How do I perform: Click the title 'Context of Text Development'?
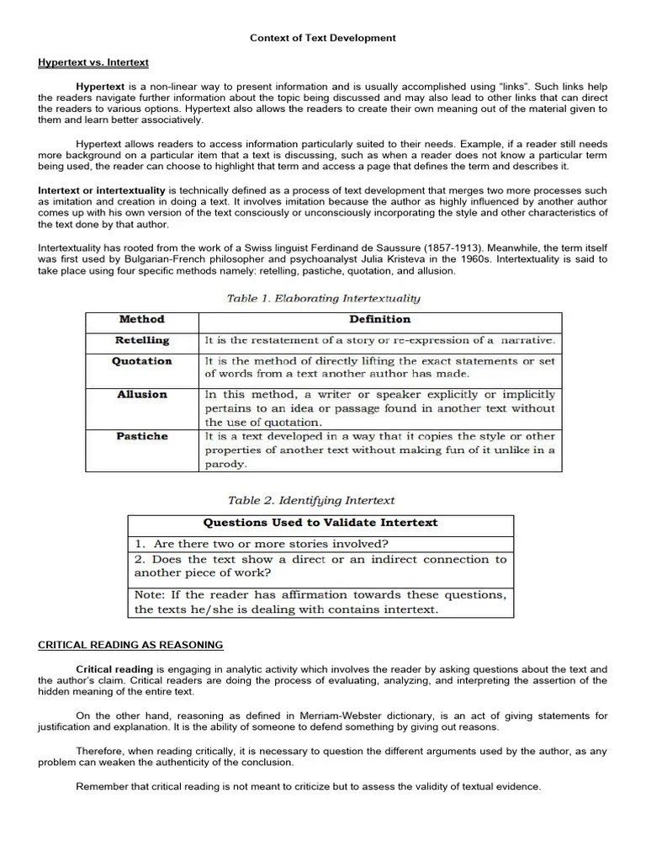(x=323, y=38)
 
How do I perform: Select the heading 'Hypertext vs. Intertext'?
(x=93, y=62)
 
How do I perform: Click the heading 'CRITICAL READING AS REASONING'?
(x=130, y=645)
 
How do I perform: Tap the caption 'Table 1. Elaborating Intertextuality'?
(x=324, y=297)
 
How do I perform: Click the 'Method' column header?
(x=142, y=320)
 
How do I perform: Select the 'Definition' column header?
(x=380, y=320)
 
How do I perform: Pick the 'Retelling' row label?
(x=142, y=340)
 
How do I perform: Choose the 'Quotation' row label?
(x=142, y=361)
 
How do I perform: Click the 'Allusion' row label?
(x=142, y=394)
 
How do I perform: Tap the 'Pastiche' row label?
(x=142, y=436)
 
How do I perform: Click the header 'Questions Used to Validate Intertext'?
(x=320, y=523)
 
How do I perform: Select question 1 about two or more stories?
(x=262, y=544)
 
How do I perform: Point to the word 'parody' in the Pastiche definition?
(x=225, y=464)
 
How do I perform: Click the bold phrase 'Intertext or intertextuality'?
(x=102, y=191)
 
